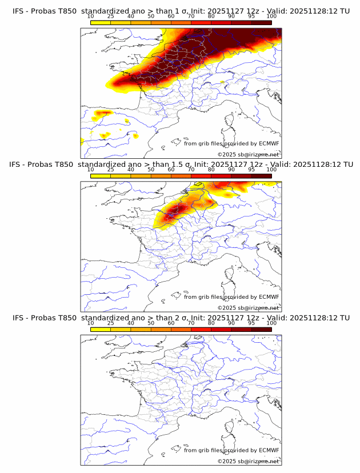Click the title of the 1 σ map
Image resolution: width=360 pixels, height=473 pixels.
point(181,11)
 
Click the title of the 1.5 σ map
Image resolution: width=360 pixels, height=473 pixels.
point(181,165)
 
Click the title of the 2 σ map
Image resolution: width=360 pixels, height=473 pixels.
point(181,318)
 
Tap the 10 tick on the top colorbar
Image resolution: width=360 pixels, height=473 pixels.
point(91,17)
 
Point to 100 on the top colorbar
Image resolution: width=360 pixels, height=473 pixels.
point(271,17)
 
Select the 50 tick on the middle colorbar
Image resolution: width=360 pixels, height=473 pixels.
point(151,170)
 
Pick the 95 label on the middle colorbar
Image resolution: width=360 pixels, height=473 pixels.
point(251,170)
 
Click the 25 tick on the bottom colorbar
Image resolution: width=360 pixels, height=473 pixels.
point(111,323)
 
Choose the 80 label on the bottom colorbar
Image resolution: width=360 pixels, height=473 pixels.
point(211,323)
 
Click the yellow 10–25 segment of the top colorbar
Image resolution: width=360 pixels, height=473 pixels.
point(101,22)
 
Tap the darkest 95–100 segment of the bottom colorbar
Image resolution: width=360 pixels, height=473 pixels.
point(261,328)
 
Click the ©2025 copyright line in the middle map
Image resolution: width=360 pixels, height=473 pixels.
point(248,307)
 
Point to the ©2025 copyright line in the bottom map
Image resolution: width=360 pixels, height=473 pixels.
point(248,460)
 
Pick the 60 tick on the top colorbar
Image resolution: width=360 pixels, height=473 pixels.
point(171,17)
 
